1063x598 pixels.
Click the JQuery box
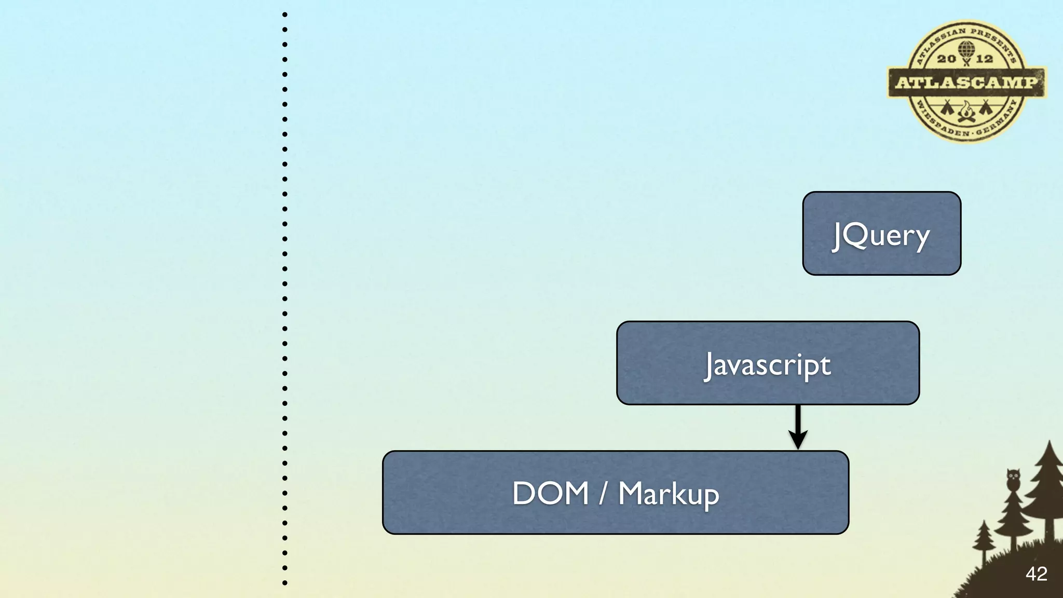[881, 234]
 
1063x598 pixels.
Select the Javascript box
[768, 363]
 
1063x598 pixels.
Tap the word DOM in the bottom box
[550, 493]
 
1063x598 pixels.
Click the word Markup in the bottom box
[669, 494]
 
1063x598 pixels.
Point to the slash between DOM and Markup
[603, 493]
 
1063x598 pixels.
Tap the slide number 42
[1036, 574]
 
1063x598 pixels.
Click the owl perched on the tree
[1013, 479]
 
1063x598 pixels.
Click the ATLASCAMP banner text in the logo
[966, 82]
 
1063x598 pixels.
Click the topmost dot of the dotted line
[285, 15]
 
